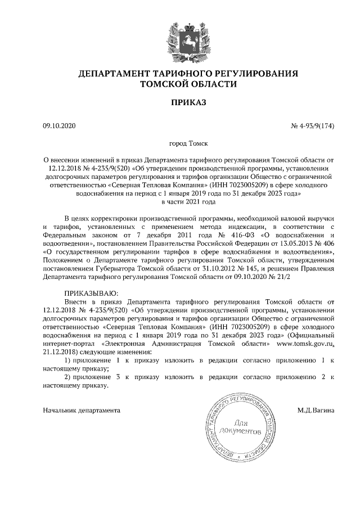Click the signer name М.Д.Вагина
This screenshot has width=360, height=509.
(316, 410)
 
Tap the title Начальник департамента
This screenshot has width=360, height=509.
(82, 410)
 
